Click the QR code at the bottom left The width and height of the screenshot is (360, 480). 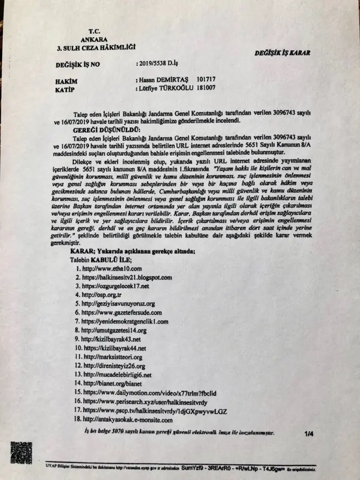tap(21, 452)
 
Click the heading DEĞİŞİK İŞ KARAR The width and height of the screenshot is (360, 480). tap(282, 52)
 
